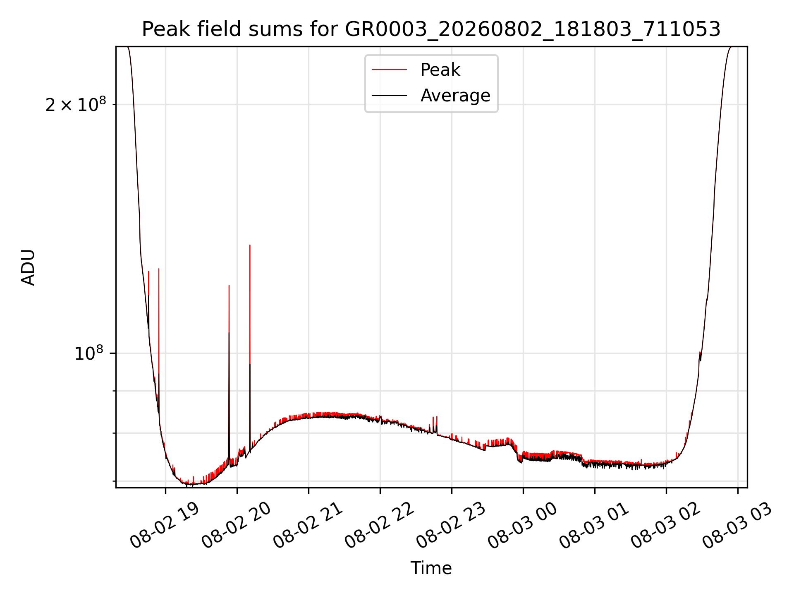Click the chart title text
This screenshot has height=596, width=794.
pos(431,29)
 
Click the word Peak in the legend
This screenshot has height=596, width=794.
pos(440,70)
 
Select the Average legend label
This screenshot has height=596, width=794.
pos(455,96)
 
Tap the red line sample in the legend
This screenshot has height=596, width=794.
pos(389,70)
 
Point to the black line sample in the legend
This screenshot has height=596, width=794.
pos(389,96)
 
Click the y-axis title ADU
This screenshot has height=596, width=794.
pos(28,267)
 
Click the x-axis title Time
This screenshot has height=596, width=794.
pos(431,568)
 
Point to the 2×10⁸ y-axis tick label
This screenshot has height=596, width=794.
pos(76,104)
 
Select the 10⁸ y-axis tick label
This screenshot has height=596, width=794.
pos(88,353)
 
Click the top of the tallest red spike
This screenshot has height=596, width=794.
pos(250,245)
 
